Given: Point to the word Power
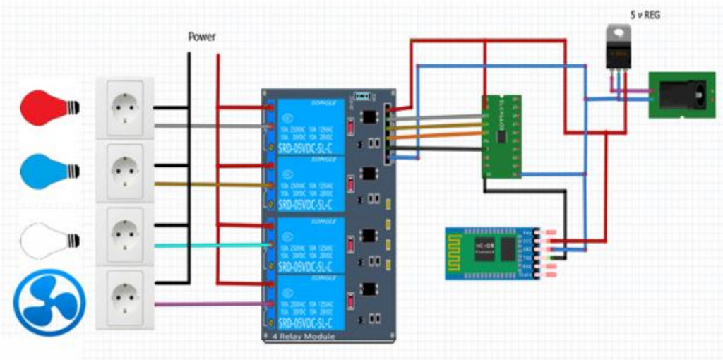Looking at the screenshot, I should click(x=201, y=37).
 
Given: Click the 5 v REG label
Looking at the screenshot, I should click(x=645, y=14).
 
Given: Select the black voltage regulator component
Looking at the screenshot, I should click(x=619, y=49).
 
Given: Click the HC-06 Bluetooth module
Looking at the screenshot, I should click(x=491, y=253).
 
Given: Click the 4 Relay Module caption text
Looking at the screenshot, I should click(x=299, y=337).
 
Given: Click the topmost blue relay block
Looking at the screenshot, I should click(x=311, y=126).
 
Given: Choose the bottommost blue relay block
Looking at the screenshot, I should click(x=311, y=304).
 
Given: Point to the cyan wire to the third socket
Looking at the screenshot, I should click(x=212, y=246).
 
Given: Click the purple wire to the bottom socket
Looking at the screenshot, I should click(x=212, y=304).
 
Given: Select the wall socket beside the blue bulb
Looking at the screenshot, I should click(x=125, y=172).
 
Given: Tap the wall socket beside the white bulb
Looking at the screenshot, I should click(x=125, y=235).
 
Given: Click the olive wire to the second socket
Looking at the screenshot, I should click(x=212, y=184).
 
